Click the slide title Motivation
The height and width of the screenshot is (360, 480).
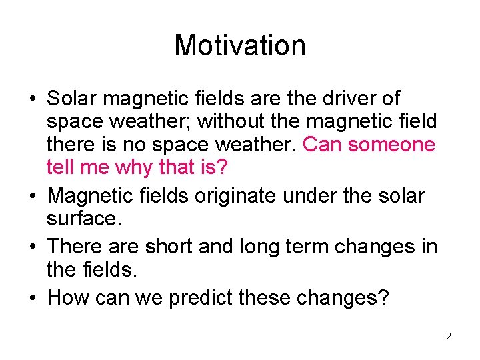(240, 45)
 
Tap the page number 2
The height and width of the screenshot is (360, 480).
(449, 337)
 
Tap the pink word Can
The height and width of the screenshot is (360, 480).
(321, 144)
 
